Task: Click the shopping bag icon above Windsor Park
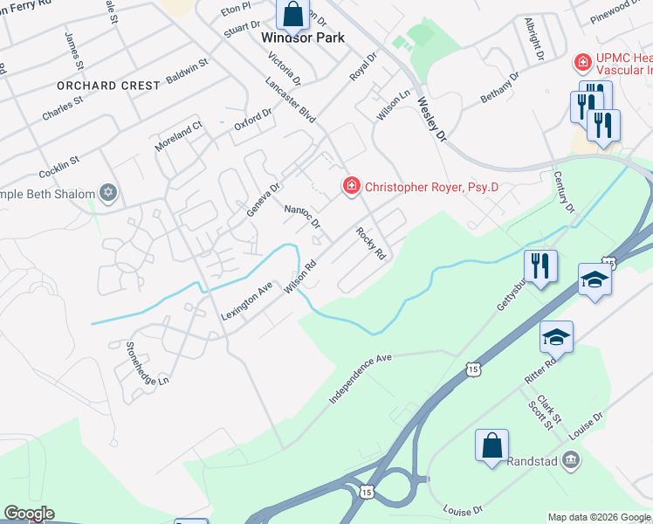[x=292, y=13]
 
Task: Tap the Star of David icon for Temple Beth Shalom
[x=108, y=193]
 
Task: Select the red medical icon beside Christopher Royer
[x=351, y=186]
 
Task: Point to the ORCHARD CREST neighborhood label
[x=108, y=86]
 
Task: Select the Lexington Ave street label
[x=247, y=301]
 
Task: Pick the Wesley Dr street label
[x=431, y=119]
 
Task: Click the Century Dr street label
[x=565, y=192]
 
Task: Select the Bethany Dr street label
[x=499, y=89]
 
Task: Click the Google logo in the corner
[x=29, y=514]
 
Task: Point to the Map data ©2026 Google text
[x=598, y=517]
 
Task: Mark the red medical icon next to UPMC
[x=581, y=63]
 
